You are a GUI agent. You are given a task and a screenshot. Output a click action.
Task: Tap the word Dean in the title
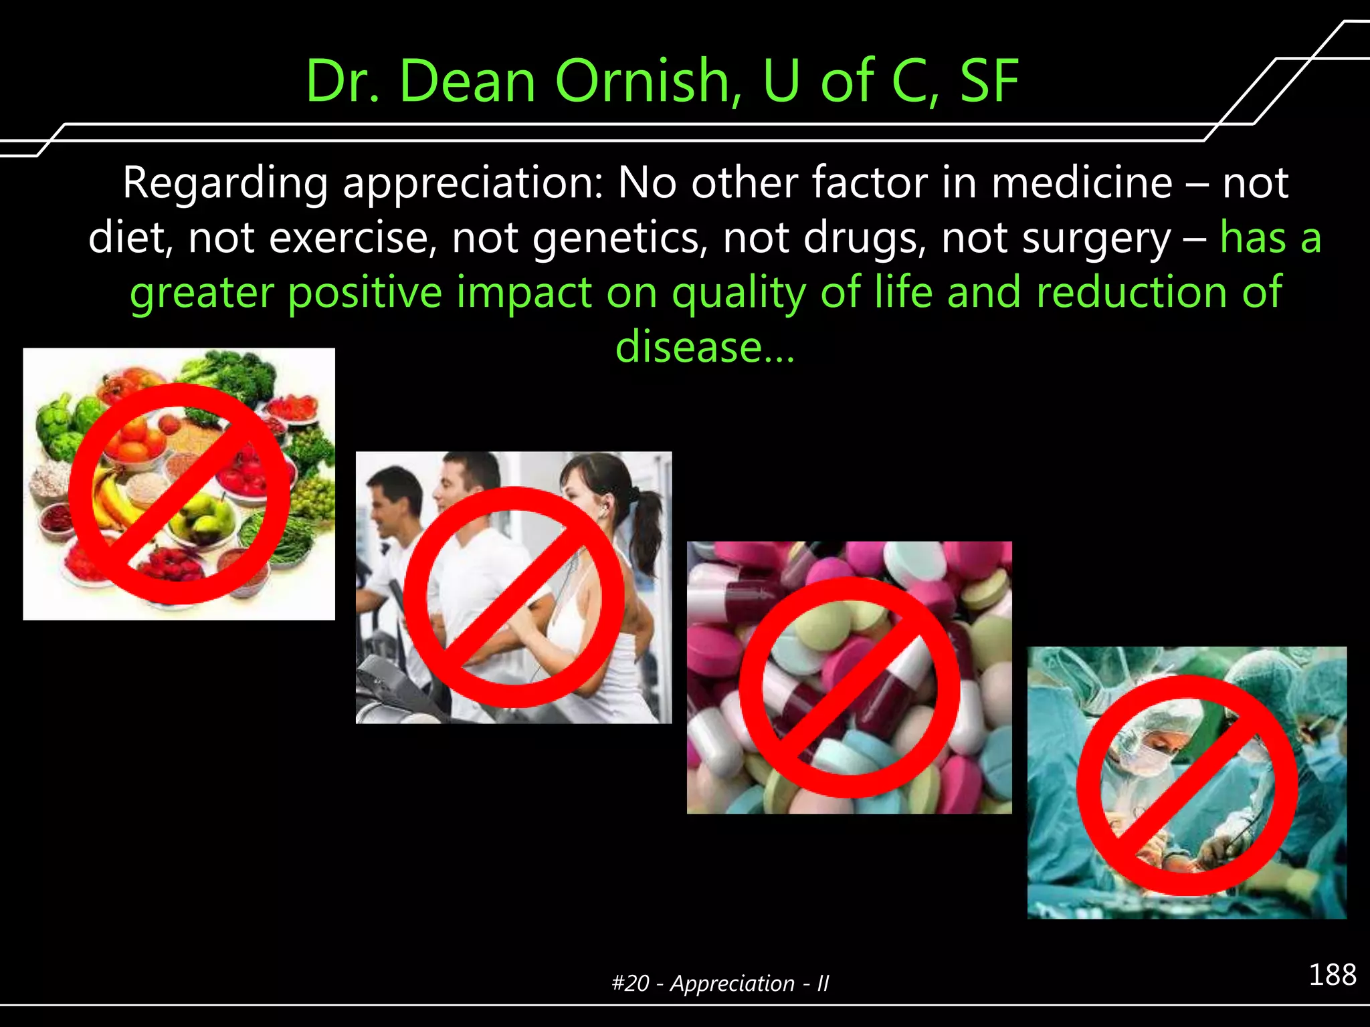pos(468,81)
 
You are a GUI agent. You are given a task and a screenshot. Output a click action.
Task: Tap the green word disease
pos(689,348)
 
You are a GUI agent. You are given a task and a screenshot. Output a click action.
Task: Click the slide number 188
pos(1332,975)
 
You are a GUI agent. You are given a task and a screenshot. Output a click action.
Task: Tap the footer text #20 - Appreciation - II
pos(720,984)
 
